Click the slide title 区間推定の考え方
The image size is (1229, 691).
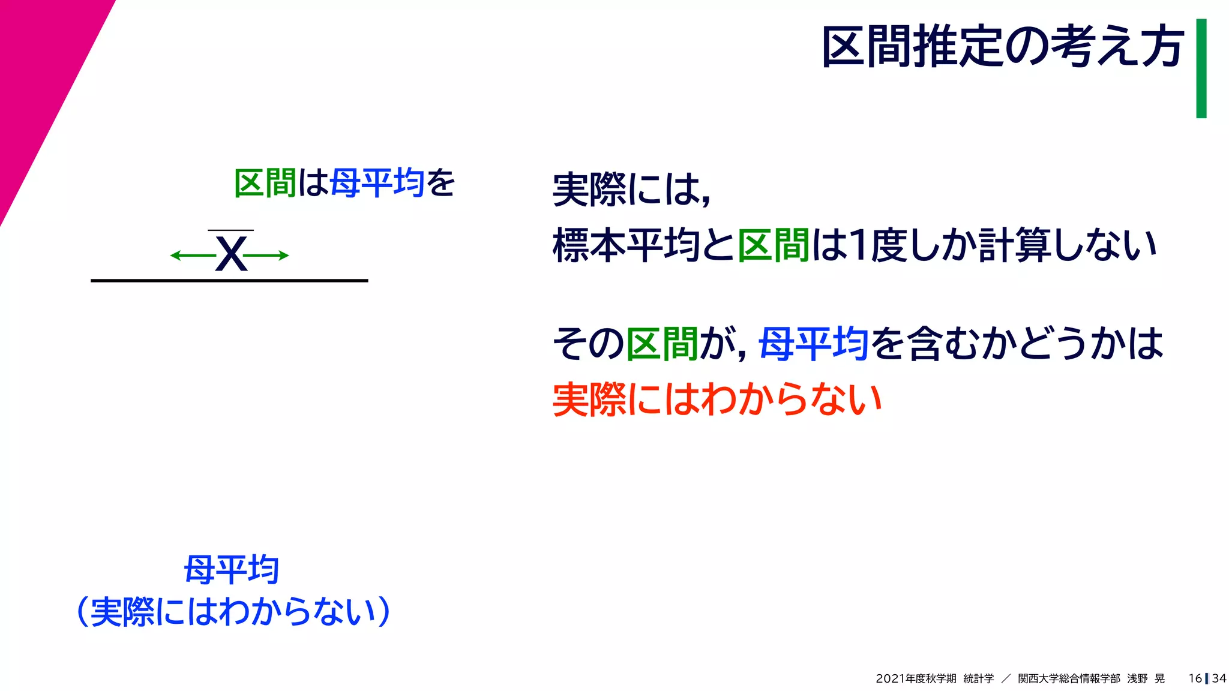click(x=1002, y=47)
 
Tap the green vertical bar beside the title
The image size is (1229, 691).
click(x=1201, y=68)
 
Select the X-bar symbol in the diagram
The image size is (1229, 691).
click(x=231, y=253)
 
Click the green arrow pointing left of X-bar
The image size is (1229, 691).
click(x=192, y=256)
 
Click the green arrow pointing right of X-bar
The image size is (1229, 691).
click(x=266, y=256)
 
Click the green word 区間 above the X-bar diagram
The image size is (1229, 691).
click(x=265, y=183)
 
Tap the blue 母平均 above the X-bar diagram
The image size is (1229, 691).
click(x=377, y=183)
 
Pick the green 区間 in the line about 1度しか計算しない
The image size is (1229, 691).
click(x=774, y=246)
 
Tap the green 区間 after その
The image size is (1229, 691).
click(x=662, y=344)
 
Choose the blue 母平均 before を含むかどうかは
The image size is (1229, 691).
click(x=813, y=344)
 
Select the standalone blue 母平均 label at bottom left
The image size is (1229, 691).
click(x=232, y=570)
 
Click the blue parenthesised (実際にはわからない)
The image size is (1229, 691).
click(x=234, y=612)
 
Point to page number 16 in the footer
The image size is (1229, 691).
click(x=1195, y=678)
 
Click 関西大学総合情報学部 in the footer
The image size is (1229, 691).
click(x=1069, y=678)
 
